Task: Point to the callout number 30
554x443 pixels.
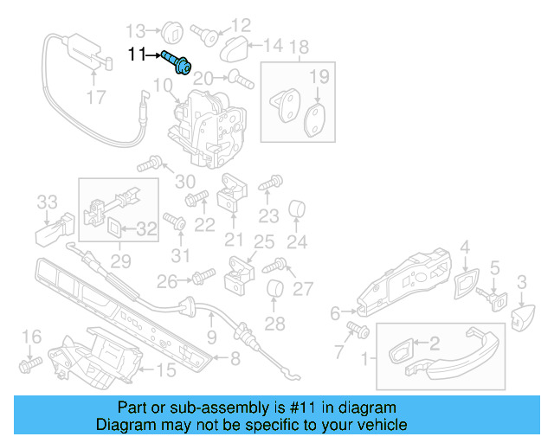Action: (185, 181)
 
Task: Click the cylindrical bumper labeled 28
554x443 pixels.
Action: (274, 292)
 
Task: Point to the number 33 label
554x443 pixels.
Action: (47, 202)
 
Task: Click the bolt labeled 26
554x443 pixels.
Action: (202, 278)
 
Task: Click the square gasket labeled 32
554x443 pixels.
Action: (115, 228)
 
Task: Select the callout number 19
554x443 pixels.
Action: (319, 77)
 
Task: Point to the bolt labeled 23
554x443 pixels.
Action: (270, 183)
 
